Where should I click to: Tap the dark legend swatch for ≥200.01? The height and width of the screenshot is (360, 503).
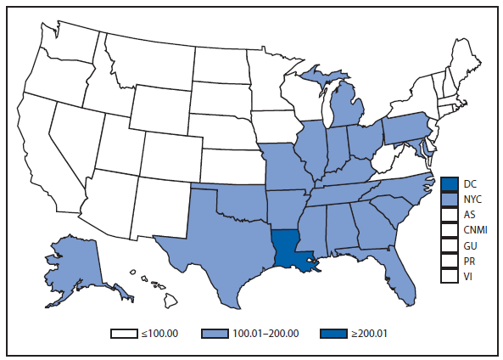[327, 333]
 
